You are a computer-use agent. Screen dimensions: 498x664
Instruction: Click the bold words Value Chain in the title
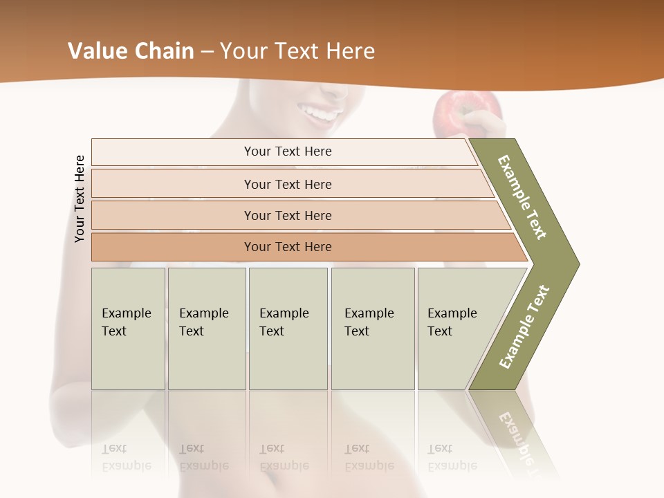[131, 51]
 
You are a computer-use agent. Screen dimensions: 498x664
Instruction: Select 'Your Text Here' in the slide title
[297, 51]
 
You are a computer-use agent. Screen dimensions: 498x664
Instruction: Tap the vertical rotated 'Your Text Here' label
[80, 199]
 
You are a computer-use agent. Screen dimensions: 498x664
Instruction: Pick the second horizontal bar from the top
[287, 184]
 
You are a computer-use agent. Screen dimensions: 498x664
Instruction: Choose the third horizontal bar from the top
[287, 215]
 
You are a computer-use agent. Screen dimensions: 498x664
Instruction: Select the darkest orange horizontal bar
[287, 247]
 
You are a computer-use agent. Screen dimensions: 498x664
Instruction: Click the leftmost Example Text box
[128, 329]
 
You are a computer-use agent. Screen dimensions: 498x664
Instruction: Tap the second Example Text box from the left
[207, 329]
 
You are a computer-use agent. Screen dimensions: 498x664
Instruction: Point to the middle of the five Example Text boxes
[288, 329]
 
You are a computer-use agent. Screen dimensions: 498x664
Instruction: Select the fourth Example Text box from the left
[373, 329]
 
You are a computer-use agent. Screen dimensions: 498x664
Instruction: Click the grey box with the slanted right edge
[456, 329]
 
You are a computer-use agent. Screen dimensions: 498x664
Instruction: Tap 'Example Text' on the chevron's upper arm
[522, 197]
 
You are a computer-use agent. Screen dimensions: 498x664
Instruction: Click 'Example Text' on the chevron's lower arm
[524, 327]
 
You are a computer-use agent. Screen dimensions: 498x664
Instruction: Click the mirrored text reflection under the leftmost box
[127, 457]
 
